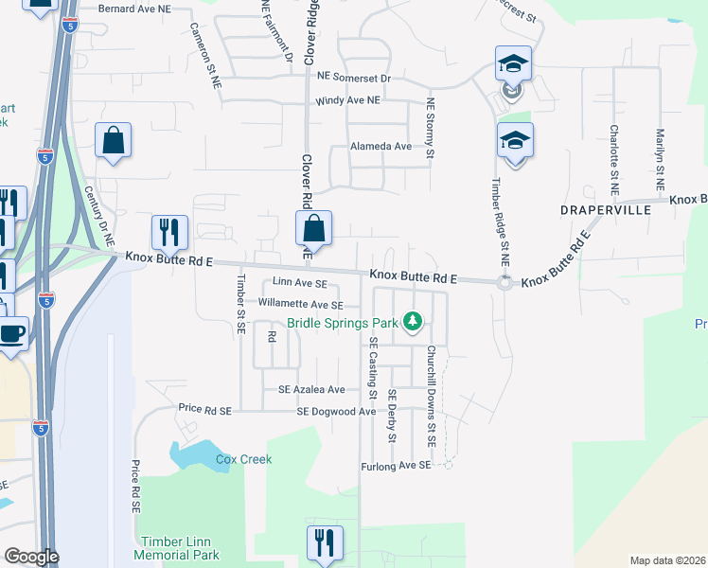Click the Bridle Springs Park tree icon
(x=413, y=322)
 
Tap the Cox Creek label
(x=243, y=460)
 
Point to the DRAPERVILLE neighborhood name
(x=604, y=209)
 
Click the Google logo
(x=31, y=557)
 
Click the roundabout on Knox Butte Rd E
(x=504, y=282)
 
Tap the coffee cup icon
(x=12, y=334)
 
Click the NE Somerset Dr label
(x=355, y=75)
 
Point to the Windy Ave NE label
(x=348, y=100)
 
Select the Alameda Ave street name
(x=381, y=147)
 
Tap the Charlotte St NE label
(x=614, y=153)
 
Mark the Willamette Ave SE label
(x=301, y=305)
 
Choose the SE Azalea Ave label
(x=311, y=389)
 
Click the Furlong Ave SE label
(x=396, y=467)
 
